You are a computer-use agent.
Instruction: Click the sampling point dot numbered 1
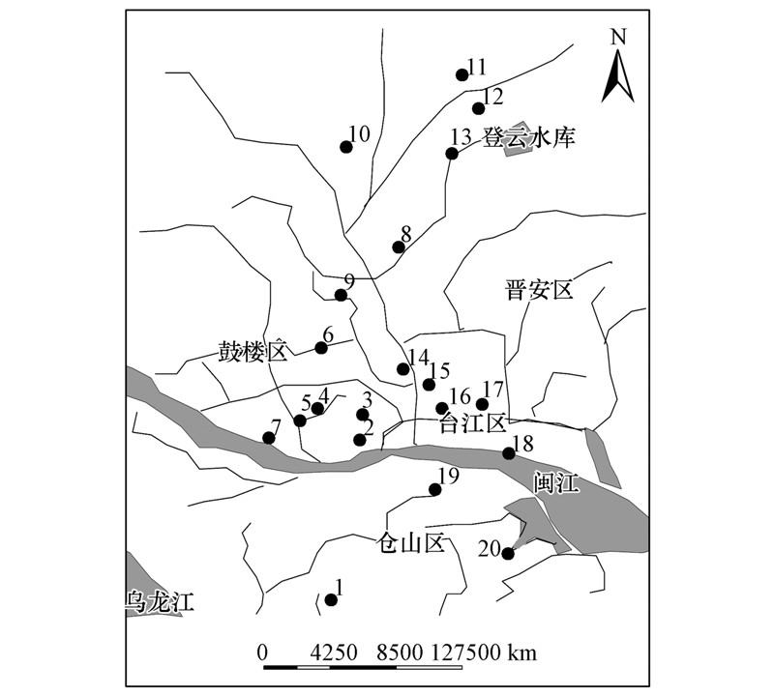331,599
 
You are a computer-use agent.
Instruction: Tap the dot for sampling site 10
346,147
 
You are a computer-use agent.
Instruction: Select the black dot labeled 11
461,74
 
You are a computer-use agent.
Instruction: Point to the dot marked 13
452,154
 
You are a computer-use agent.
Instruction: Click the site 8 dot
399,247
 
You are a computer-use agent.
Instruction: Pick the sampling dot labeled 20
508,553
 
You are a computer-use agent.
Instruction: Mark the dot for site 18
509,452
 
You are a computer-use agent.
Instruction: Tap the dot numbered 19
435,489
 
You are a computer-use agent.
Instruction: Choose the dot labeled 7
269,438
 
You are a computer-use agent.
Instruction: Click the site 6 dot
321,348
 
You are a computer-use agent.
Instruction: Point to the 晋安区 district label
539,289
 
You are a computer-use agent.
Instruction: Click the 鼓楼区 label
253,351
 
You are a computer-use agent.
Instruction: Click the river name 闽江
554,482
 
